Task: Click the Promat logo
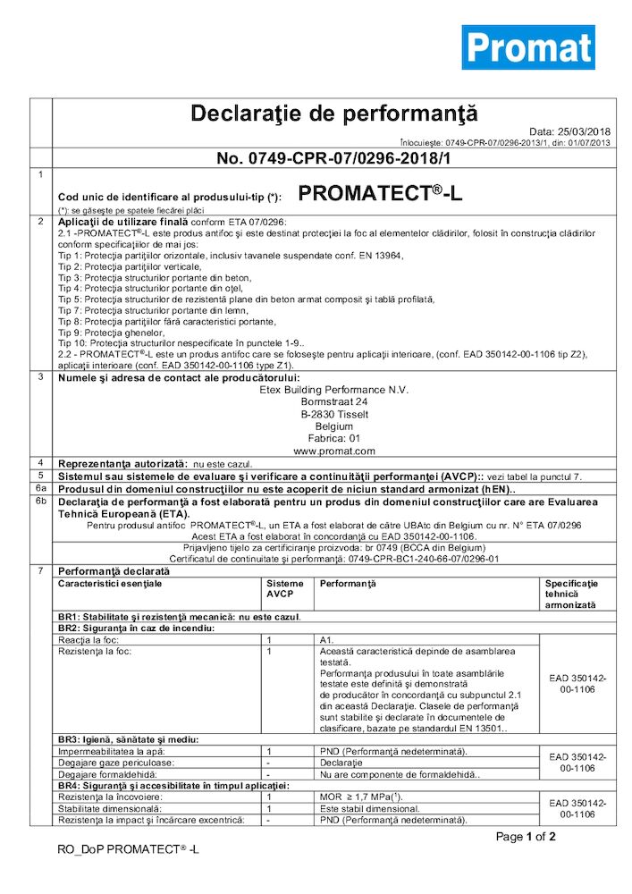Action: pos(527,47)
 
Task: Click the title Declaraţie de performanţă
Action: pos(334,114)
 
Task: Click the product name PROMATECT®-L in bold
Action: pos(379,193)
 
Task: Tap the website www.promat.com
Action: pos(334,451)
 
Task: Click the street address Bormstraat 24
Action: pos(334,401)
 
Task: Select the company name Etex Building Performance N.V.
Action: pos(334,389)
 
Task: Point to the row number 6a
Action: pos(40,488)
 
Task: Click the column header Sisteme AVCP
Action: pos(285,588)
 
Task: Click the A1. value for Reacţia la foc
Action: pos(327,640)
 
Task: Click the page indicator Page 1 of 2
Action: pos(527,837)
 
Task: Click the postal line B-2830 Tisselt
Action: pos(334,414)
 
